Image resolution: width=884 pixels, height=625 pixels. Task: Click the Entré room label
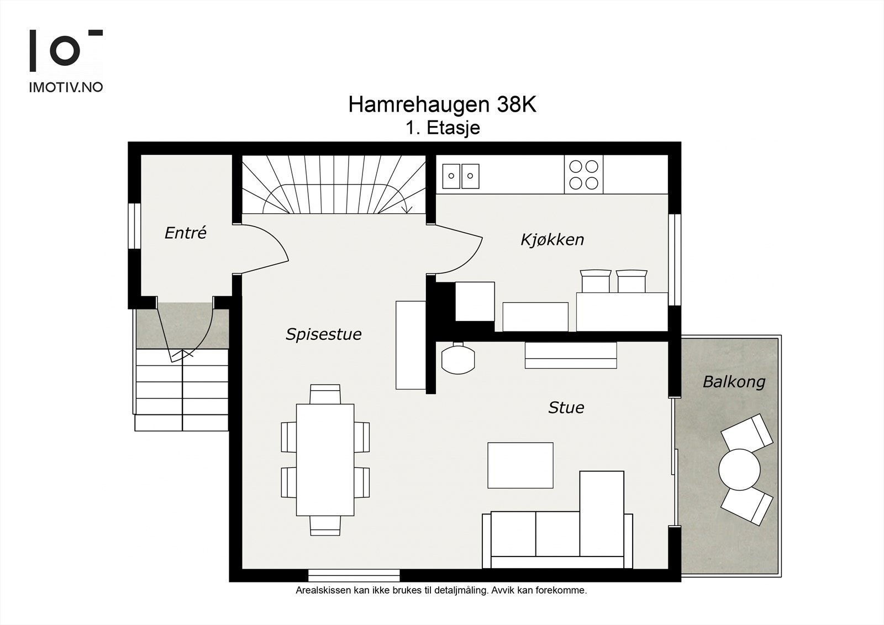185,233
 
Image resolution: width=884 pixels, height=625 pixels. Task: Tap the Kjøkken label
552,240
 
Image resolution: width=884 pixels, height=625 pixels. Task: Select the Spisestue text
323,334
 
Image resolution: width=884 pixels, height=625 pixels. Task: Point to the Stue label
566,408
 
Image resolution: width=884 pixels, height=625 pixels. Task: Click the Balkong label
734,382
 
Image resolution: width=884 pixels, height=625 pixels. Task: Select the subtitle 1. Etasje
443,128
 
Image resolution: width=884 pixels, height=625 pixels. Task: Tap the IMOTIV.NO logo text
66,87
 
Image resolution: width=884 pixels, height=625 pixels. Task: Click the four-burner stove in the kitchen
584,174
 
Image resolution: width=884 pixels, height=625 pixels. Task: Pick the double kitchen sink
460,176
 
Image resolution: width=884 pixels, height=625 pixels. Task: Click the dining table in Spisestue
325,459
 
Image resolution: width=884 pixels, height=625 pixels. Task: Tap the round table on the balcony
739,469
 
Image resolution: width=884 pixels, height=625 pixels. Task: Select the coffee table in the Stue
520,465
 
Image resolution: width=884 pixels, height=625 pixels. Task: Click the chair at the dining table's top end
325,394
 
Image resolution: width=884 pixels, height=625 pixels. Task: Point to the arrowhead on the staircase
407,209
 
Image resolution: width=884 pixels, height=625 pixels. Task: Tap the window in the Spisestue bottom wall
354,575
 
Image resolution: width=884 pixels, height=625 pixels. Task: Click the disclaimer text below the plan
441,590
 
